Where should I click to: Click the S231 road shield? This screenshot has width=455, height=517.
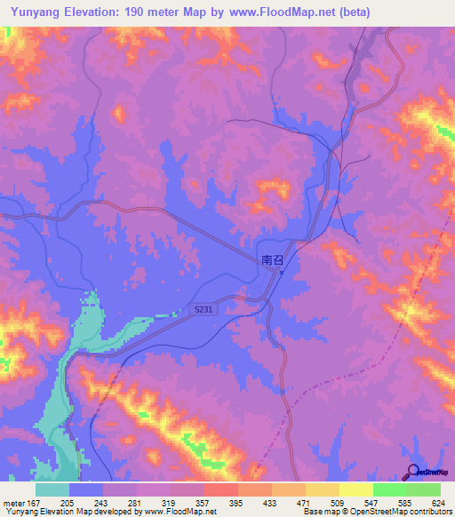point(203,308)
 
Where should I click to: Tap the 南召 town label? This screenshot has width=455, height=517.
point(272,260)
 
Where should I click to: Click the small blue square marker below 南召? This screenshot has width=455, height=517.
point(281,273)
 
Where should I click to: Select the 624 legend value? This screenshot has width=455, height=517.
point(438,502)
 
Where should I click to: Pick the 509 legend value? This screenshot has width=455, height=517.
point(338,502)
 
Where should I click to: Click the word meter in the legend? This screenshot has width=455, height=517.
point(14,502)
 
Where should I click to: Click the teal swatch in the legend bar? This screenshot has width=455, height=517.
point(52,489)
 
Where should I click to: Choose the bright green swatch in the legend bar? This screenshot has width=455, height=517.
point(390,489)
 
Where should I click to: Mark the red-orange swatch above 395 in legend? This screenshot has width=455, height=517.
point(221,489)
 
